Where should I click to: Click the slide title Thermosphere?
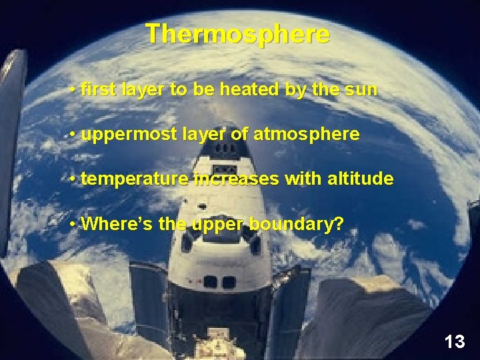(237, 33)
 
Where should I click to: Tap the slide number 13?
(454, 343)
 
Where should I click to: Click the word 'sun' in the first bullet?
(361, 90)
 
